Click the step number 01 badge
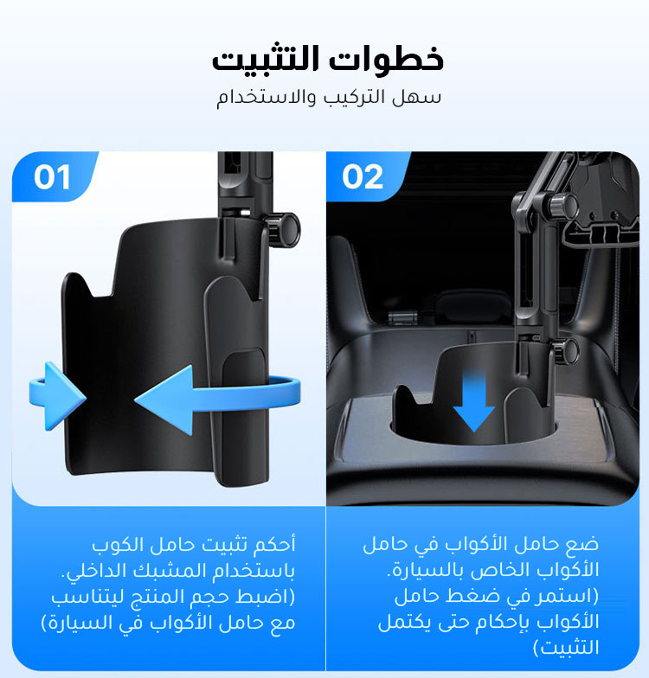pos(52,177)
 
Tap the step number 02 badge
pos(363,177)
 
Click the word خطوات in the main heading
pos(387,58)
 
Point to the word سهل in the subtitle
pos(417,98)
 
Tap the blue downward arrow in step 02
pos(474,400)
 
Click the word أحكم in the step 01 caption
pos(275,544)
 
